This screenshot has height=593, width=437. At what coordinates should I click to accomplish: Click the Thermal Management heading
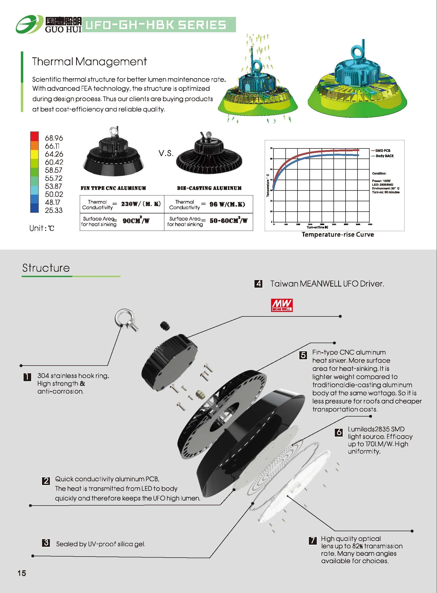[x=89, y=62]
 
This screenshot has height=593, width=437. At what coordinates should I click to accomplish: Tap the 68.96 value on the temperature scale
[x=54, y=138]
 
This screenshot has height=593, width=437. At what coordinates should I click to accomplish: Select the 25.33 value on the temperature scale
[x=54, y=211]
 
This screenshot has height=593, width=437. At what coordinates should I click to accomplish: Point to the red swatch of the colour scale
[x=34, y=136]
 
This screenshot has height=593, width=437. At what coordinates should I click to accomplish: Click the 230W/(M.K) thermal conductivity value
[x=141, y=204]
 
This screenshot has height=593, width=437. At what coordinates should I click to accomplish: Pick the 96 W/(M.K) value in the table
[x=227, y=204]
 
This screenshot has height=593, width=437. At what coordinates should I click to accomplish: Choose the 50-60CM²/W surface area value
[x=229, y=221]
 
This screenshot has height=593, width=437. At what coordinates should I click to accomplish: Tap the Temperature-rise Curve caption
[x=338, y=235]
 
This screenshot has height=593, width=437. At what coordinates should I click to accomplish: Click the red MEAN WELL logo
[x=282, y=305]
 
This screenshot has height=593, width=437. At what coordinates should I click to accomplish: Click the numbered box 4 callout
[x=258, y=284]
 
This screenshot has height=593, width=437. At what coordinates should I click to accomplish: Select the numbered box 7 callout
[x=313, y=540]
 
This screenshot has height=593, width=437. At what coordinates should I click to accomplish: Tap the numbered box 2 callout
[x=46, y=480]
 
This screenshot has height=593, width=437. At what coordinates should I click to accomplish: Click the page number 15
[x=22, y=573]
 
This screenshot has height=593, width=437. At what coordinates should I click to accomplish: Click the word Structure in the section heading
[x=46, y=268]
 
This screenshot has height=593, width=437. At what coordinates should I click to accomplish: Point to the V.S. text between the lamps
[x=166, y=153]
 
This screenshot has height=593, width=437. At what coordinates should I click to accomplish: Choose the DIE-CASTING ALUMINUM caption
[x=209, y=188]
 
